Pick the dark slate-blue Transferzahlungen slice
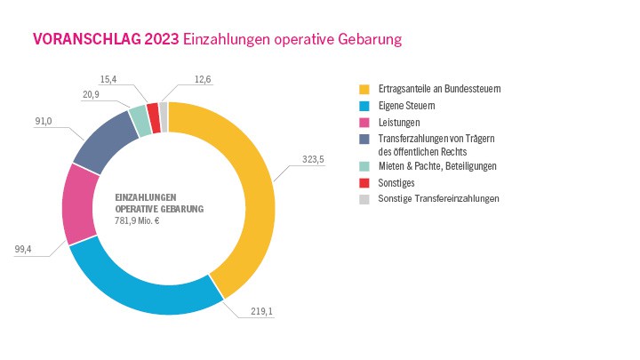pos(100,142)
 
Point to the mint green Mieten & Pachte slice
pos(138,122)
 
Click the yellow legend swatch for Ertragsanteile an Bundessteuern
pos(364,90)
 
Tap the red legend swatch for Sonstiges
pos(364,182)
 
